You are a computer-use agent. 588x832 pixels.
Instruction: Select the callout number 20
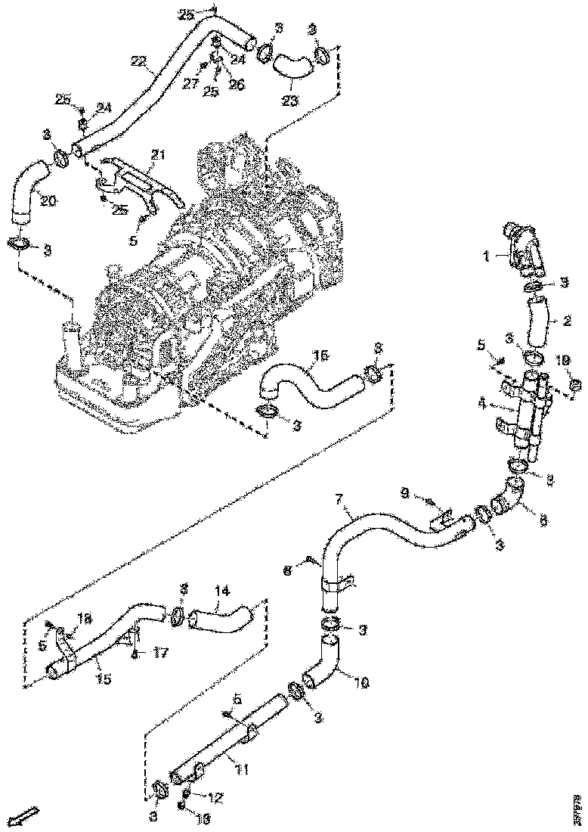coord(48,202)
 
